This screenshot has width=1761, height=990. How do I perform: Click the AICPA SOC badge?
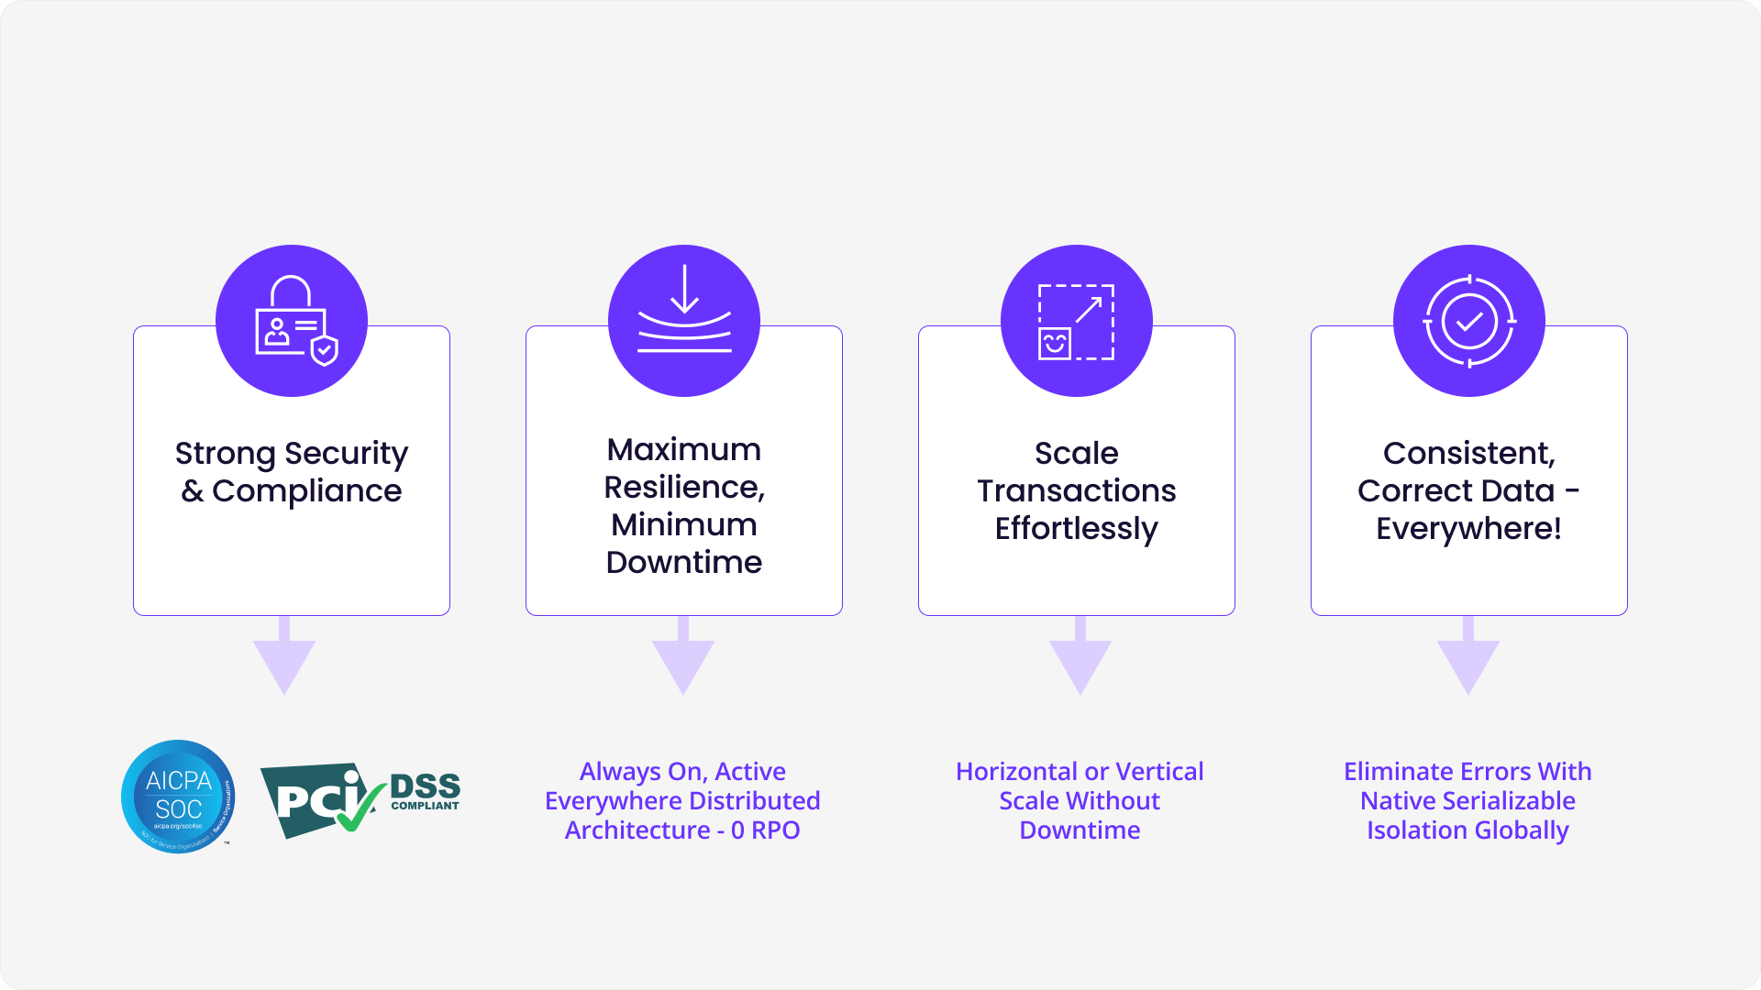pos(178,796)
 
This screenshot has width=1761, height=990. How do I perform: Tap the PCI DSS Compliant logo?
pos(360,799)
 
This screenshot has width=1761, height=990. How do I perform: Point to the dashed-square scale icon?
pos(1076,322)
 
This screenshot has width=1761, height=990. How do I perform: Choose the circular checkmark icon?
pos(1468,321)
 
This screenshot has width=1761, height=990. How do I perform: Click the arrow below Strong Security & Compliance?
pos(284,658)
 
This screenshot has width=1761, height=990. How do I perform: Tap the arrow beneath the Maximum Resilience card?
pos(683,658)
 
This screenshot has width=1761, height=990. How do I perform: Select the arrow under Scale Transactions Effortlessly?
pos(1080,658)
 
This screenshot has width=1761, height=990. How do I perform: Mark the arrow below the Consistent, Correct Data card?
pos(1468,658)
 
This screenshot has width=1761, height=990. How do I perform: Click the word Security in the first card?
pos(346,454)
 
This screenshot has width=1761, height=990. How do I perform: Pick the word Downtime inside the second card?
pos(684,562)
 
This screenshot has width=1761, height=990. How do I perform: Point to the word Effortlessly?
pos(1076,529)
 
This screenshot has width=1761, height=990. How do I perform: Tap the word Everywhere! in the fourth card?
pos(1468,529)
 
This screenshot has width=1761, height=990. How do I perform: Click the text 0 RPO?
pos(766,830)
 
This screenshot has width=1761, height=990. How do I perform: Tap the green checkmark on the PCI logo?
pos(360,807)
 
